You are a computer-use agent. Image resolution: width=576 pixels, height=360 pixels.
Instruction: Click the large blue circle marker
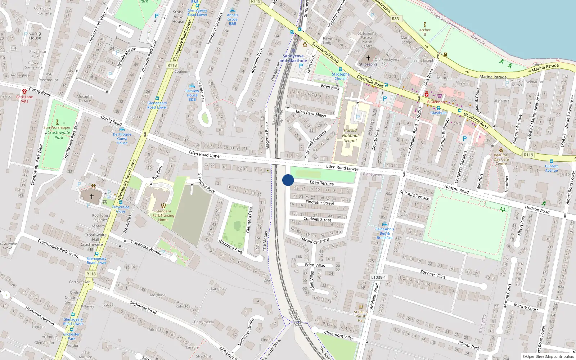tap(288, 180)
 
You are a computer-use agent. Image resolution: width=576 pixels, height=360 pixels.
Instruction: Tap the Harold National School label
tap(350, 135)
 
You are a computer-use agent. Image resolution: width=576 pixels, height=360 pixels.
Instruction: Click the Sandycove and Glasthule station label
tap(293, 58)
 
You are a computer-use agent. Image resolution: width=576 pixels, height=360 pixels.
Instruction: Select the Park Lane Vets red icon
tap(24, 91)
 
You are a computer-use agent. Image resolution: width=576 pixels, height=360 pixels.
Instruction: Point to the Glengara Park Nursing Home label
tap(163, 215)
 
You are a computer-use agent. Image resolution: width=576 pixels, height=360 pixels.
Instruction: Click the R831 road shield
tap(396, 19)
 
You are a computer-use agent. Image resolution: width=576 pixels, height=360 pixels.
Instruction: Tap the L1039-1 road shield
tap(378, 277)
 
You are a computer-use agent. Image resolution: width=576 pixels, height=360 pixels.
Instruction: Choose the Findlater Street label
tap(320, 203)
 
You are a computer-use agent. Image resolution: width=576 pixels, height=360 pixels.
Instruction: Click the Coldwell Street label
tap(317, 219)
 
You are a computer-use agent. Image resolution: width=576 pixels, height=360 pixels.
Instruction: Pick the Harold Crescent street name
tap(315, 240)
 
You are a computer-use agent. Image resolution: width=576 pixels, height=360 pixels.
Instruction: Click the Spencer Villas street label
tap(433, 274)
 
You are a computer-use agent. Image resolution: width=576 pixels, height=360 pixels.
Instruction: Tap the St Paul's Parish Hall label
tap(361, 316)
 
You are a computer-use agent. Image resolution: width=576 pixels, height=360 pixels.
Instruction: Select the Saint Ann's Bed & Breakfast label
tap(384, 233)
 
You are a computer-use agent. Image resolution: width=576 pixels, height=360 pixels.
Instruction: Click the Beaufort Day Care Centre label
tap(501, 159)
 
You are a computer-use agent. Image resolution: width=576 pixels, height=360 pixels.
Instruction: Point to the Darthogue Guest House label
tap(122, 139)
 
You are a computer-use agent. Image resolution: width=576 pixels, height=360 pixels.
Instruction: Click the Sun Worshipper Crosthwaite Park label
tap(57, 132)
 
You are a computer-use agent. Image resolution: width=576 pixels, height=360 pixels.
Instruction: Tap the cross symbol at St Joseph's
tap(368, 58)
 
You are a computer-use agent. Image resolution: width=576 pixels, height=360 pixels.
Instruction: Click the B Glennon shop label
tap(436, 102)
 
